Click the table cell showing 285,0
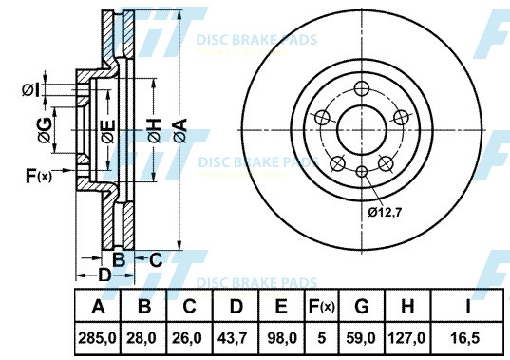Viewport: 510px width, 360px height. [97, 338]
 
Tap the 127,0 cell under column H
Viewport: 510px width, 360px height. [406, 338]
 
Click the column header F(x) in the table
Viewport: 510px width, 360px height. [321, 307]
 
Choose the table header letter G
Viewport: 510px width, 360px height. [362, 307]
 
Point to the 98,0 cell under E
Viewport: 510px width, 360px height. [282, 338]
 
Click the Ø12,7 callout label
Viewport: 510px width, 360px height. [385, 213]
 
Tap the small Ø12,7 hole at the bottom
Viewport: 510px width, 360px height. [362, 171]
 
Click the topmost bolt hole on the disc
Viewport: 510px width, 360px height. [362, 88]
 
